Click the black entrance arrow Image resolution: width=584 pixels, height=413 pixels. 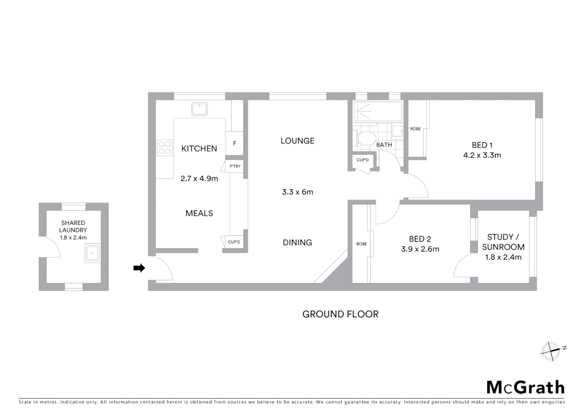click(139, 268)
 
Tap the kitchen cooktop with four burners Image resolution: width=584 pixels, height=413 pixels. click(165, 148)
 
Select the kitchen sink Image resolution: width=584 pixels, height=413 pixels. click(200, 109)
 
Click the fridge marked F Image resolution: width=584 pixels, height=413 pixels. click(234, 143)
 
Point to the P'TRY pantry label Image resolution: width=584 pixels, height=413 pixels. click(235, 166)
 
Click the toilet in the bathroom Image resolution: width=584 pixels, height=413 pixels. click(366, 138)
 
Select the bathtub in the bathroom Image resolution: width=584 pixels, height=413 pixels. click(378, 111)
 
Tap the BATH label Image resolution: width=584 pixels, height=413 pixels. click(384, 145)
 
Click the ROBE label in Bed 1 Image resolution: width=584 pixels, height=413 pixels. click(415, 129)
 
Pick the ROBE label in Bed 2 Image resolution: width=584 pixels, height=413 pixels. click(362, 244)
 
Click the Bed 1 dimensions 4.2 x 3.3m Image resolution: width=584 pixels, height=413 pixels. click(482, 155)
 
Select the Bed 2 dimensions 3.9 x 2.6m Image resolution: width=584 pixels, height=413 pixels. click(420, 249)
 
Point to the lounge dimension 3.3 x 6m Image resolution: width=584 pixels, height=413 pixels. click(297, 192)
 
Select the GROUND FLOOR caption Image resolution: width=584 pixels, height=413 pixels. click(340, 314)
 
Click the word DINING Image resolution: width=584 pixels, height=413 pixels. click(297, 242)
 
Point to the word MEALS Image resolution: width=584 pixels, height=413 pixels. click(199, 213)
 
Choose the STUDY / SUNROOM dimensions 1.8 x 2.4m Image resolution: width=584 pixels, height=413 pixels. click(503, 257)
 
